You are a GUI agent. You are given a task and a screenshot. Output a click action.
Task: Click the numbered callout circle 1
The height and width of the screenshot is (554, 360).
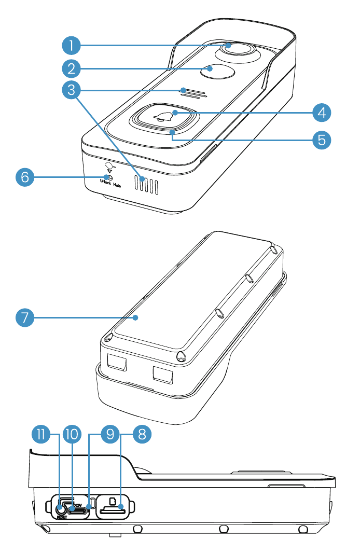pyautogui.click(x=71, y=45)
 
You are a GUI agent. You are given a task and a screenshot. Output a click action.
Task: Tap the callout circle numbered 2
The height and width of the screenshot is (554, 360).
pyautogui.click(x=71, y=68)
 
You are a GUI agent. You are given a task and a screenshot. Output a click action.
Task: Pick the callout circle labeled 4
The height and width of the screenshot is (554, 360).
pyautogui.click(x=322, y=112)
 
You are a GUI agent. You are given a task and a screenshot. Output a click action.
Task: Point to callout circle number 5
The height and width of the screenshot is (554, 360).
pyautogui.click(x=322, y=139)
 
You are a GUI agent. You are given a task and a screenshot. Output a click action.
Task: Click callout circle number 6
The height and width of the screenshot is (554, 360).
pyautogui.click(x=24, y=178)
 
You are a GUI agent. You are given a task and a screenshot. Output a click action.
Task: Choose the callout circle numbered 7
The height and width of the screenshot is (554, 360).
pyautogui.click(x=24, y=317)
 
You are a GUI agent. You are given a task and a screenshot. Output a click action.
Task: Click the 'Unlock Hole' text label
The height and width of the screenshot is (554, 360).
pyautogui.click(x=110, y=185)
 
